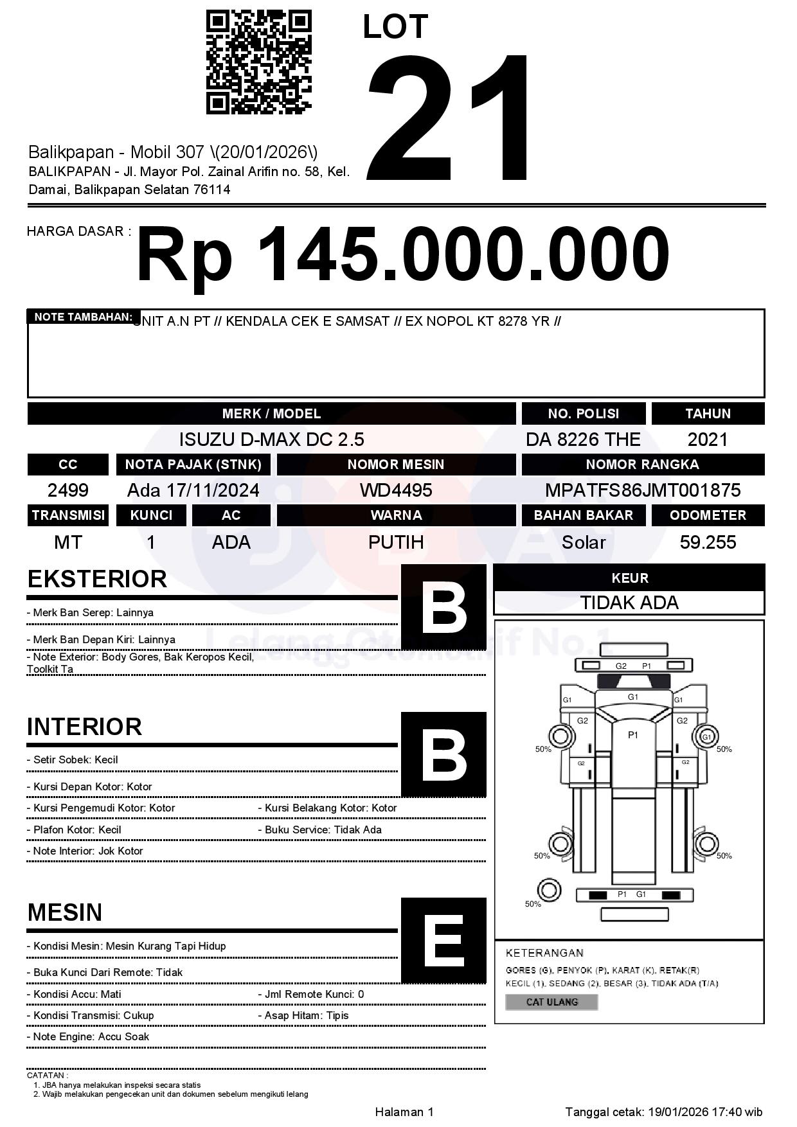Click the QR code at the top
(x=258, y=62)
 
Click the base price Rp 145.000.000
(x=403, y=254)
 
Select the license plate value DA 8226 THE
(x=583, y=439)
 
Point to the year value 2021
(x=708, y=439)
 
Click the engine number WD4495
(x=396, y=490)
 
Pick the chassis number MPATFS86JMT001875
(x=643, y=490)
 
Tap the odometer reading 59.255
(x=708, y=542)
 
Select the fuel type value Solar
(x=583, y=542)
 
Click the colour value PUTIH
(x=396, y=542)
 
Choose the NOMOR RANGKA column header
(x=643, y=465)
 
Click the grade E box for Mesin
(x=443, y=940)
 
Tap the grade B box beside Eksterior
(x=443, y=607)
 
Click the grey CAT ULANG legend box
(x=551, y=1002)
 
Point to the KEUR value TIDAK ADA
(x=629, y=603)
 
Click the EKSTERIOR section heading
(x=97, y=579)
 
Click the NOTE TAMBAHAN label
(x=83, y=317)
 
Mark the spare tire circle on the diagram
(x=548, y=891)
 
